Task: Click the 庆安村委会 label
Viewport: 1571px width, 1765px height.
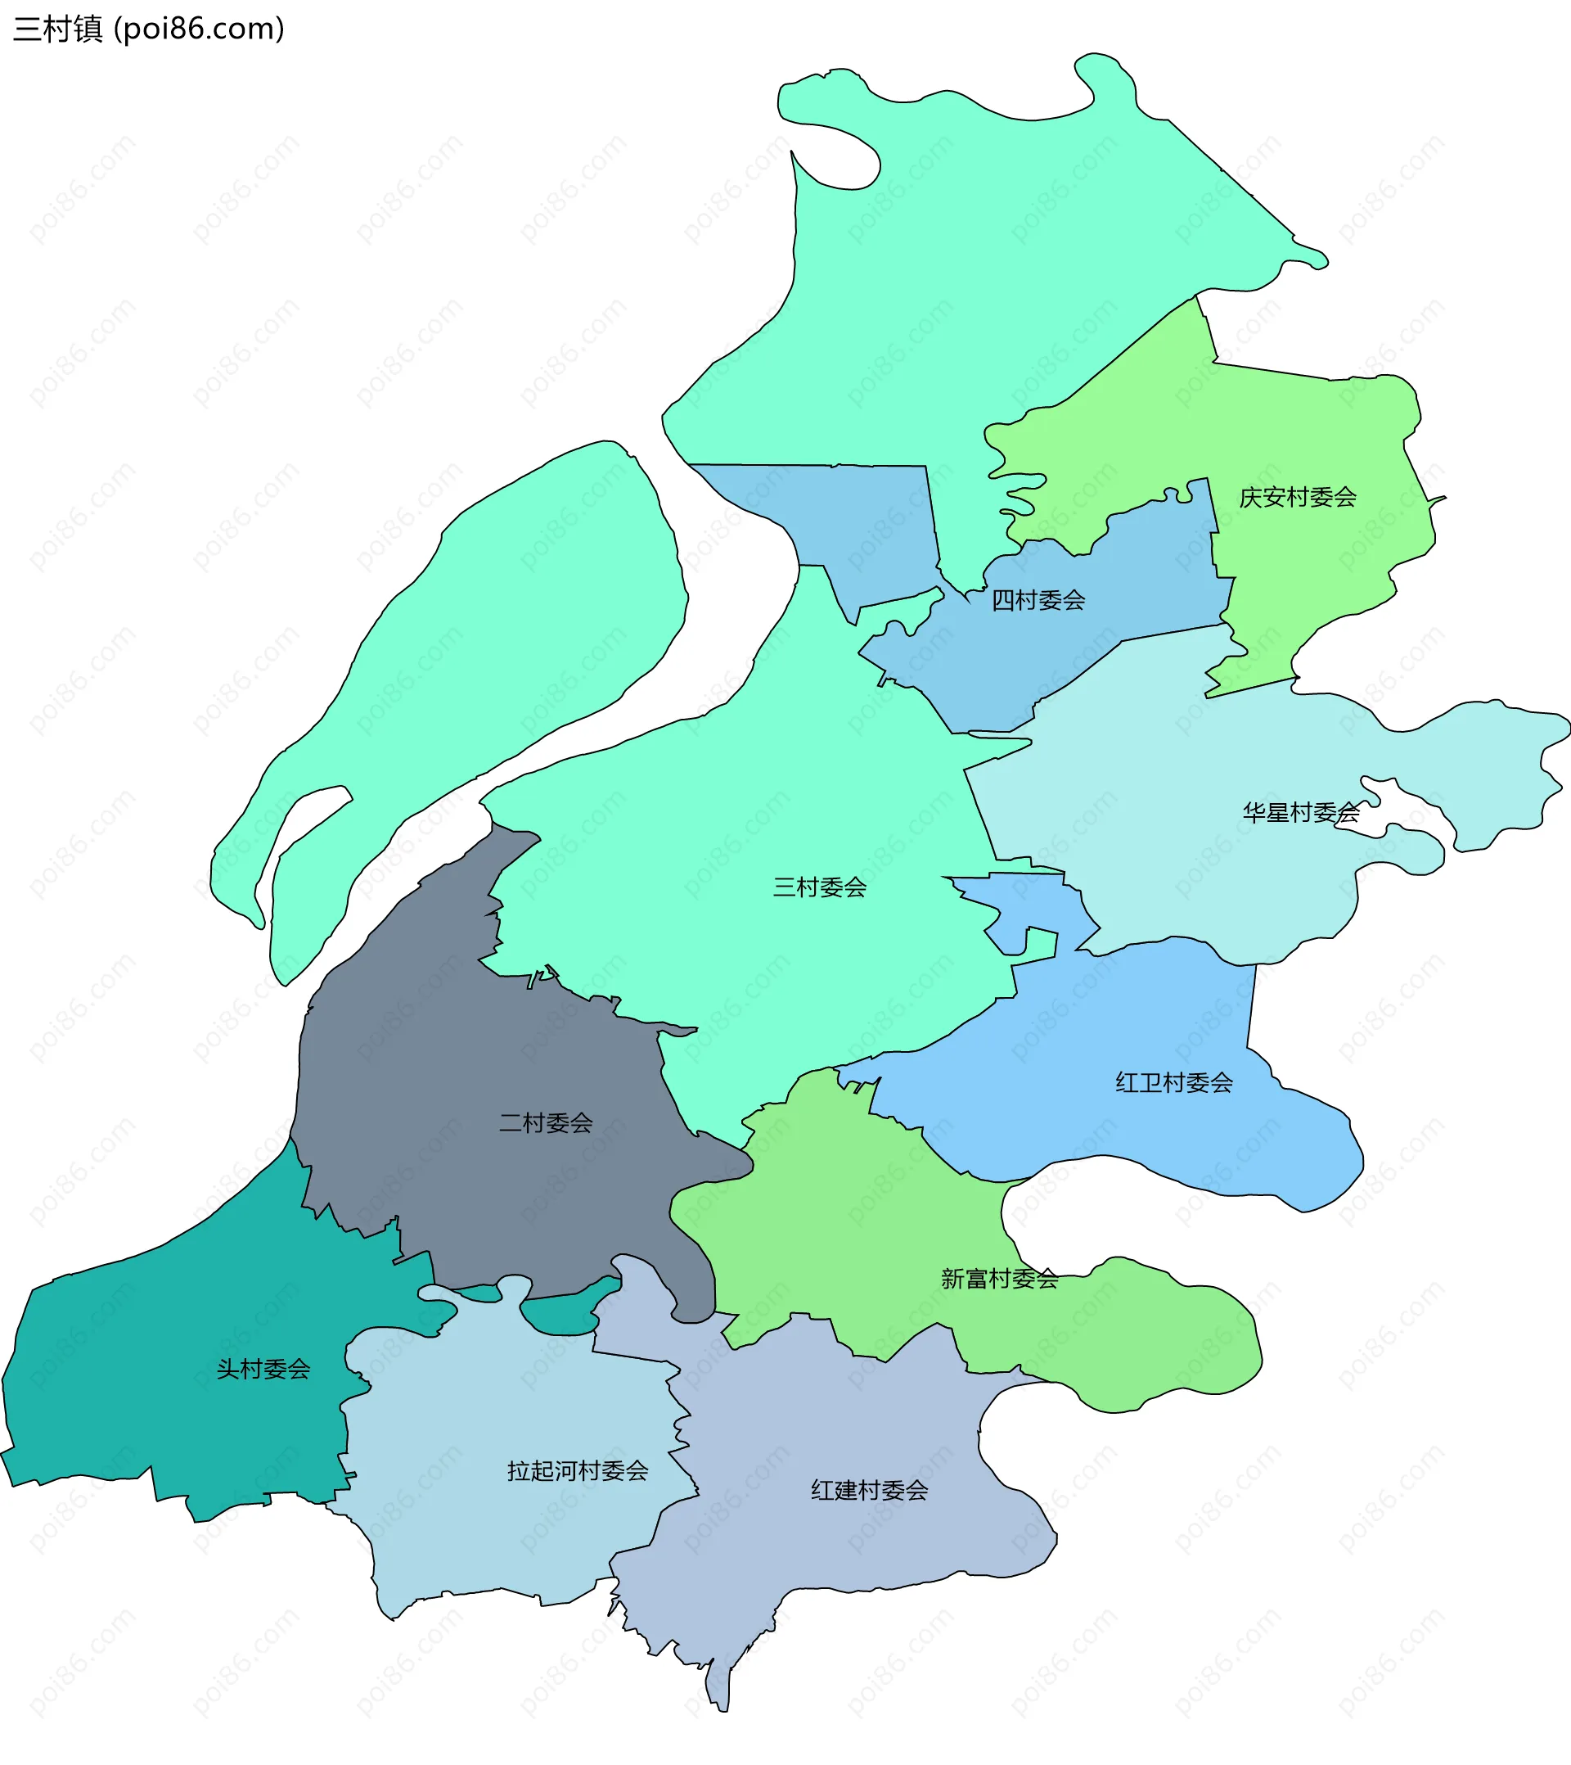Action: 1298,498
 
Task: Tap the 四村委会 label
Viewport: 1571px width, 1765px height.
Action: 1038,600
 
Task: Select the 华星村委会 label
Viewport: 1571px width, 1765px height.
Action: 1301,813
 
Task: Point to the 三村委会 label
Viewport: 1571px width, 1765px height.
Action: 819,887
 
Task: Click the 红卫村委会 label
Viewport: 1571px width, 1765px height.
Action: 1174,1083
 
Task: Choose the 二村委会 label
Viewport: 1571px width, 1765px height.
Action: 546,1123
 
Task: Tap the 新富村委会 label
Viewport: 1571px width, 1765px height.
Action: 1000,1279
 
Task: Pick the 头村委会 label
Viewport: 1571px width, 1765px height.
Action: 263,1370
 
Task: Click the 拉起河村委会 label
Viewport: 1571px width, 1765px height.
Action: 578,1471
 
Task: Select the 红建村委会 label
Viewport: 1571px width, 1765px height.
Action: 869,1491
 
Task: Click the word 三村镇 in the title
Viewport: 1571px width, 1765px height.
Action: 58,29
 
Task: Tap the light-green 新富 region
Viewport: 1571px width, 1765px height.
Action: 846,1209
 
